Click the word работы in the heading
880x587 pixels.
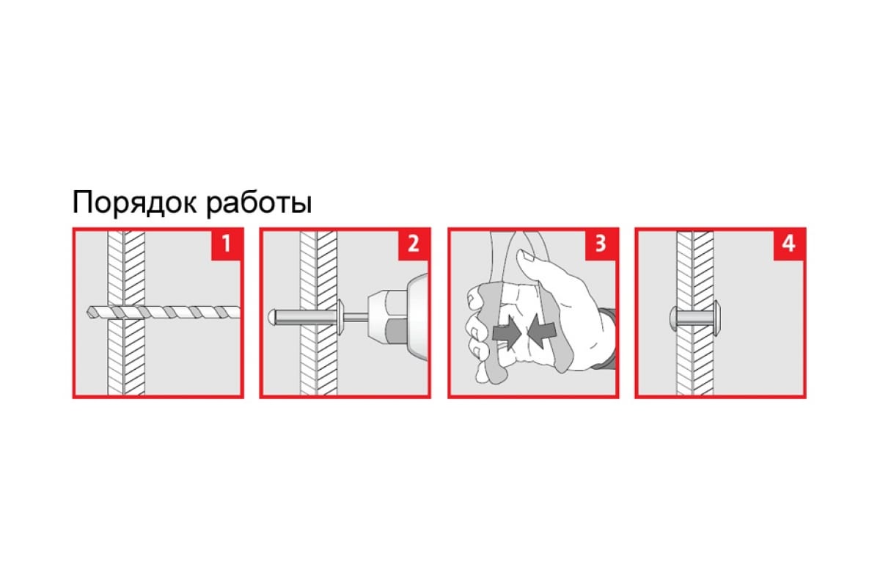pyautogui.click(x=260, y=203)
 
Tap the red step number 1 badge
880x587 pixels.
pyautogui.click(x=227, y=244)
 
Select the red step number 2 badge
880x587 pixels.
pyautogui.click(x=414, y=244)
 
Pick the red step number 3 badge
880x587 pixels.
pyautogui.click(x=601, y=244)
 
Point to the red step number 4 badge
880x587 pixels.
pyautogui.click(x=789, y=244)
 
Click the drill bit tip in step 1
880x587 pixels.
pyautogui.click(x=89, y=312)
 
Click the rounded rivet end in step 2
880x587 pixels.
pyautogui.click(x=272, y=317)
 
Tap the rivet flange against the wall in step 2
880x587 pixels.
pyautogui.click(x=340, y=316)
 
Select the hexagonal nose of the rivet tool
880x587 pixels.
pyautogui.click(x=387, y=317)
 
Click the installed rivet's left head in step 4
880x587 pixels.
pyautogui.click(x=673, y=318)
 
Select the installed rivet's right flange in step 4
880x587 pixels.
pyautogui.click(x=716, y=318)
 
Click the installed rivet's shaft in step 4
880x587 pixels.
pyautogui.click(x=695, y=318)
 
